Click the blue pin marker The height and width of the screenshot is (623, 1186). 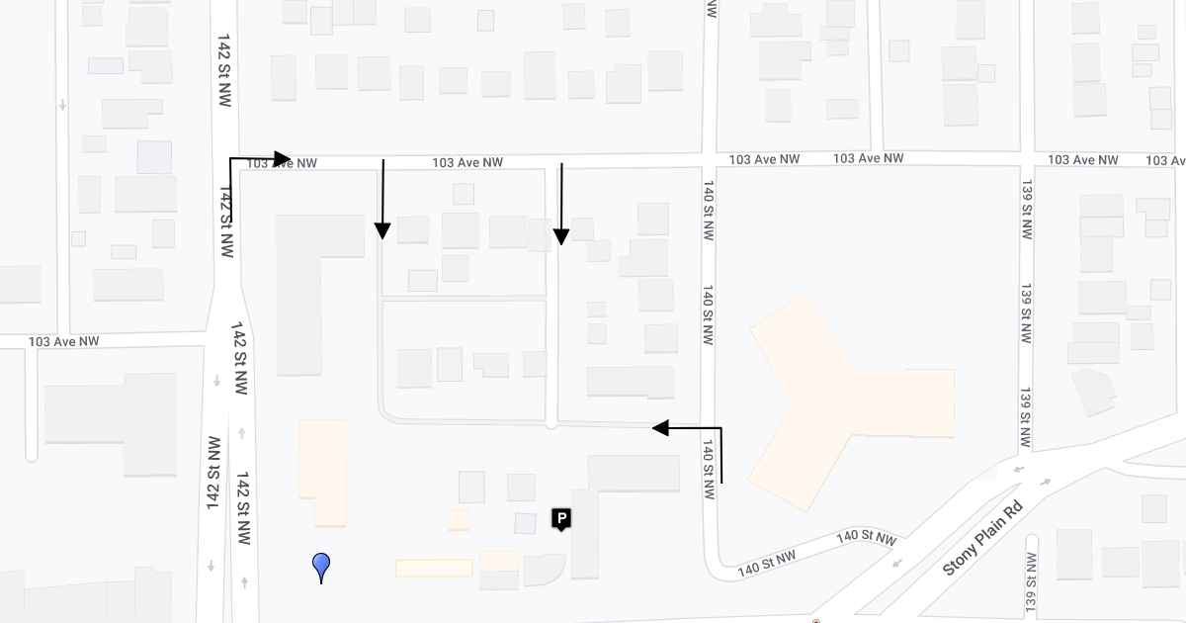tap(321, 565)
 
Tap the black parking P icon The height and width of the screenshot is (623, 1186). tap(561, 518)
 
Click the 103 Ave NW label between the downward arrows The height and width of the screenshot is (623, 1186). tap(467, 162)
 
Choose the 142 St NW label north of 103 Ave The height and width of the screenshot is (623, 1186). tap(222, 66)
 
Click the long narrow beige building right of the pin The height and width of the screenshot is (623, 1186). tap(434, 568)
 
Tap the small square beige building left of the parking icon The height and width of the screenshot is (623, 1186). tap(458, 519)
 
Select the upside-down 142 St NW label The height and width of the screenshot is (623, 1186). tap(212, 474)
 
